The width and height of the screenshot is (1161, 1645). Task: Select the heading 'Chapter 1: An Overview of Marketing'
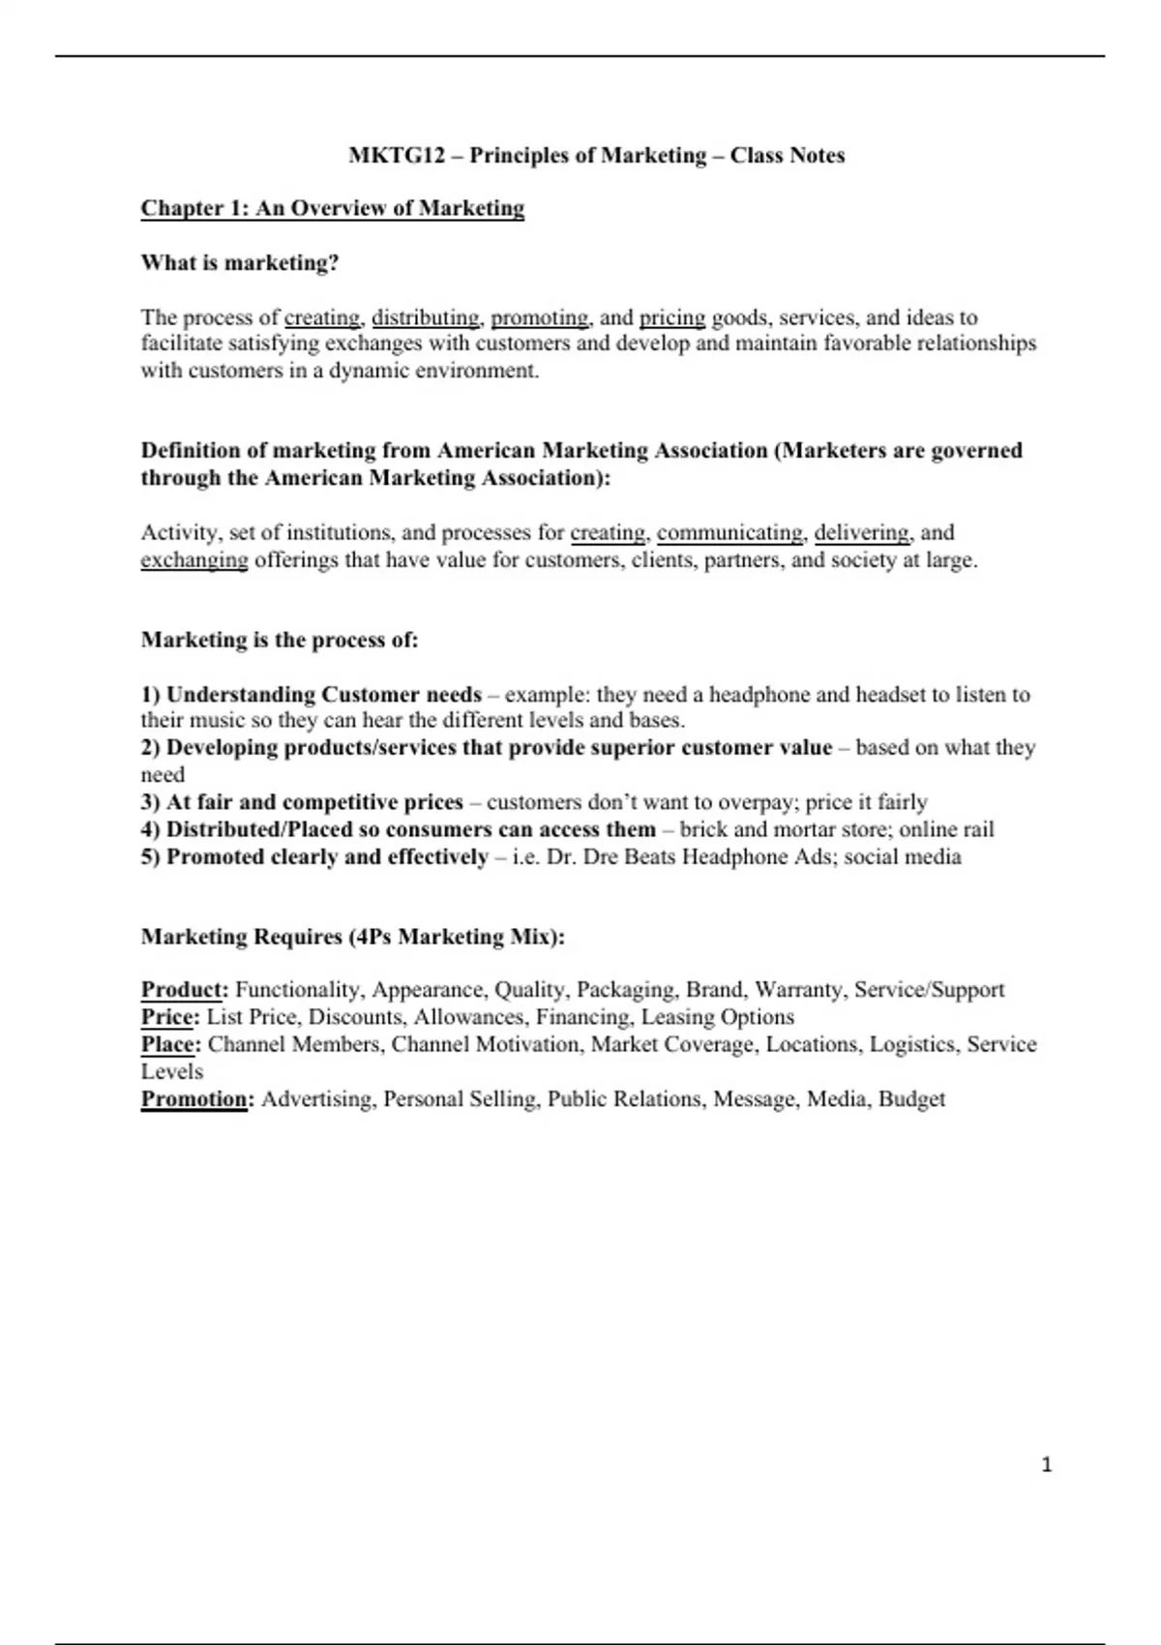click(333, 209)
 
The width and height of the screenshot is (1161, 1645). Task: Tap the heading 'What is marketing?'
click(240, 263)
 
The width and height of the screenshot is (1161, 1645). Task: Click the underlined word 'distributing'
click(425, 317)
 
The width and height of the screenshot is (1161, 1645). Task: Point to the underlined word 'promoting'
click(539, 317)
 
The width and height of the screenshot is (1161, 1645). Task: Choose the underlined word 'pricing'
click(672, 317)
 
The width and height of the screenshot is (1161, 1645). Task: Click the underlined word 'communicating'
click(729, 533)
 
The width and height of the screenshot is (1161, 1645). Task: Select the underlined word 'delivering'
click(861, 533)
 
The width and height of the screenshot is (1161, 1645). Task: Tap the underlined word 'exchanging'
click(194, 560)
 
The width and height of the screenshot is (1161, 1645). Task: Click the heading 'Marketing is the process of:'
click(280, 641)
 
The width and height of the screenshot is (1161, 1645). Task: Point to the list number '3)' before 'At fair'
click(150, 803)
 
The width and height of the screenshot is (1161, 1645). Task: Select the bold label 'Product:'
click(185, 990)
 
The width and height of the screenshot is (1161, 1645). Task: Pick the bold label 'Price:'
click(170, 1017)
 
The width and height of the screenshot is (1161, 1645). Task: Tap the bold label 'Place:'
click(171, 1045)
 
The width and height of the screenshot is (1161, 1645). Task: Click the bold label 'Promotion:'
click(197, 1099)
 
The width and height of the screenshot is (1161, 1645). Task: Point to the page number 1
click(1046, 1465)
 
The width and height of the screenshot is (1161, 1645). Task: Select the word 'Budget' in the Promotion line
click(911, 1099)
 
